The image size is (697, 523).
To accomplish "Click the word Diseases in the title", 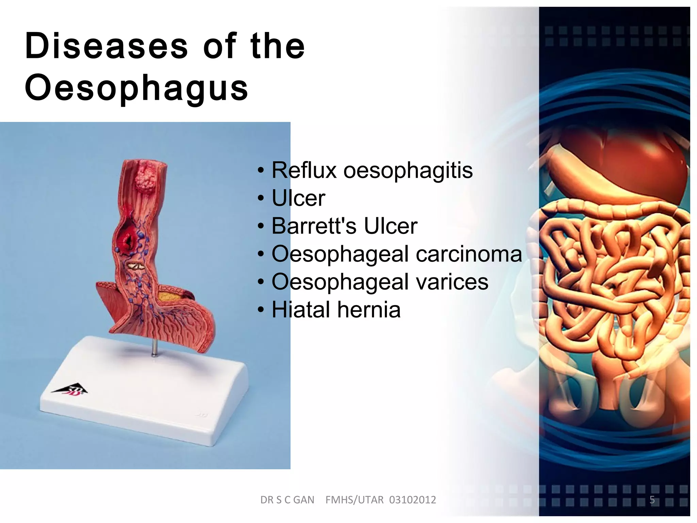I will pos(106,46).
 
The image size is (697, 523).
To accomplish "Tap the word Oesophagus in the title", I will pos(136,88).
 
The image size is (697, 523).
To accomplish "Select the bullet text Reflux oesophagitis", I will pos(372,170).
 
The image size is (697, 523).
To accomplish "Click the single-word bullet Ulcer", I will pos(298,198).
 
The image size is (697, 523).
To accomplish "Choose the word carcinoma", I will pos(469,254).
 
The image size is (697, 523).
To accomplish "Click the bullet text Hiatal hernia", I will pos(336,310).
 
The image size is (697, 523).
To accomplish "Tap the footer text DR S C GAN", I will pos(287,500).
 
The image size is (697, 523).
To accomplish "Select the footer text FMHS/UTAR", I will pos(354,500).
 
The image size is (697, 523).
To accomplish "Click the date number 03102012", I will pos(412,500).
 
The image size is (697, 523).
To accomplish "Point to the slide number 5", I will pos(652,500).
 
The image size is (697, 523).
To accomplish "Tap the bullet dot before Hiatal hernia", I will pos(261,310).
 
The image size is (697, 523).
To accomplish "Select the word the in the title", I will pos(277,46).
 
